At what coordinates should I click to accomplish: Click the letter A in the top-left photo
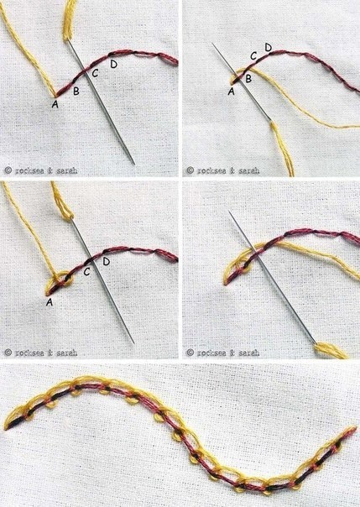(55, 104)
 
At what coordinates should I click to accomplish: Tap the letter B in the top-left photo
(76, 91)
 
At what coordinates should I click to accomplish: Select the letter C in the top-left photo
(95, 73)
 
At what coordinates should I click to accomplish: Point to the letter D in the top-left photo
(114, 64)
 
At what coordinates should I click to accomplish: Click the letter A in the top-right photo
(231, 91)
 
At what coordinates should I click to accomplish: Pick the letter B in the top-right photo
(248, 78)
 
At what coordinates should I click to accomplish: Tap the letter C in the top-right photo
(254, 56)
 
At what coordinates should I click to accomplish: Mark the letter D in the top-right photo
(269, 48)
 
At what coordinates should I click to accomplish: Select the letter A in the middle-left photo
(50, 302)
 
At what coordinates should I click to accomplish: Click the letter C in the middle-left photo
(86, 272)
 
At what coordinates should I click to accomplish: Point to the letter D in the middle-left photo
(106, 261)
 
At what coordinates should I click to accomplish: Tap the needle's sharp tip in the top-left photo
(134, 165)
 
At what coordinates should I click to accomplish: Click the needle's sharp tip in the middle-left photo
(133, 343)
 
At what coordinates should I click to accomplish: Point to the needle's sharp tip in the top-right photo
(212, 44)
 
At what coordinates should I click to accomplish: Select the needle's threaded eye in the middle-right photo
(315, 342)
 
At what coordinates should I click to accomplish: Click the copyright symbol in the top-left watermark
(8, 170)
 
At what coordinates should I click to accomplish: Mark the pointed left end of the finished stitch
(6, 429)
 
